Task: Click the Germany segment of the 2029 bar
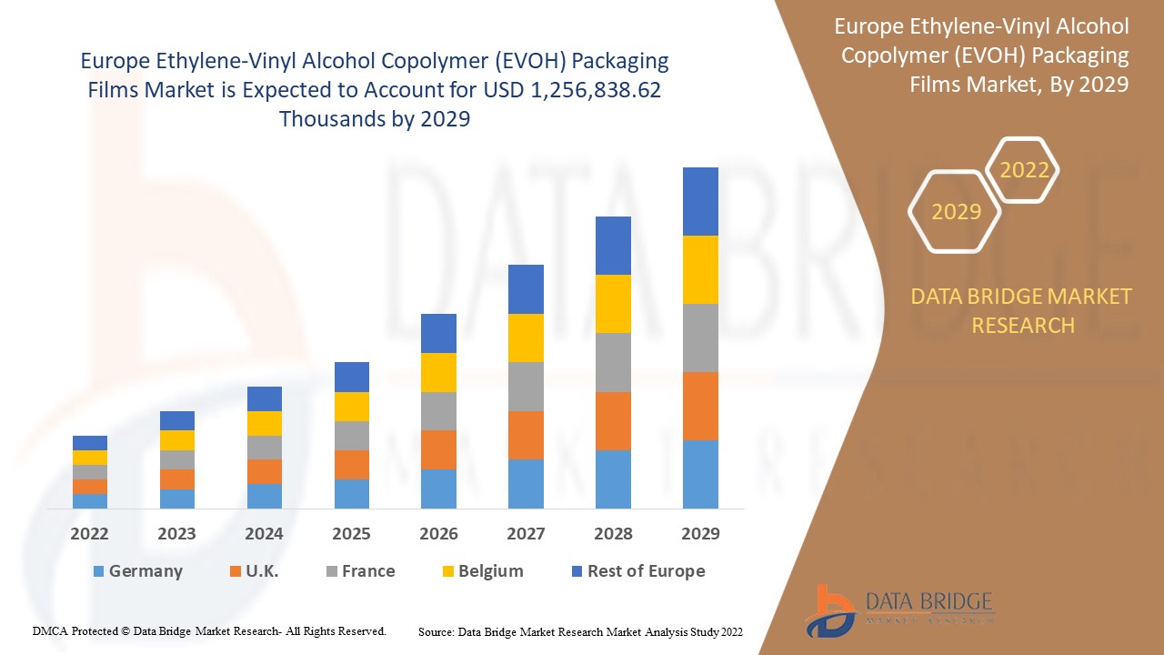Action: [700, 474]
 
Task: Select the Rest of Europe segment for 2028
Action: [613, 246]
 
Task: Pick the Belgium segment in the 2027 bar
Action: [526, 338]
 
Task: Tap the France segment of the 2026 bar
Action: [438, 411]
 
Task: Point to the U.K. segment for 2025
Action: [352, 465]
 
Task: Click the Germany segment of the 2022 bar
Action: [90, 501]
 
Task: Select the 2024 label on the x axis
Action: [265, 534]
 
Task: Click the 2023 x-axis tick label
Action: [176, 534]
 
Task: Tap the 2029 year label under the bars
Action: [700, 534]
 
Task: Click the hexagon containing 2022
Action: [1024, 170]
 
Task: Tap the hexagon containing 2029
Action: [956, 212]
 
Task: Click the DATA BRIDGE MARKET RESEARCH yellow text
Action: [1022, 310]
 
